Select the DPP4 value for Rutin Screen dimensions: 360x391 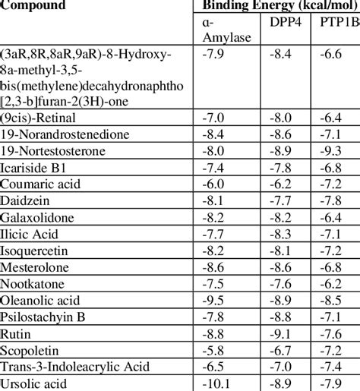tap(284, 333)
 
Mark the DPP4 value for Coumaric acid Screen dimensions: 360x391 tap(284, 184)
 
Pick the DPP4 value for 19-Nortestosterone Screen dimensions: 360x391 tap(284, 150)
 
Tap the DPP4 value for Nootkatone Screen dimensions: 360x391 tap(284, 283)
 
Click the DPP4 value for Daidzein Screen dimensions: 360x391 tap(284, 200)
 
